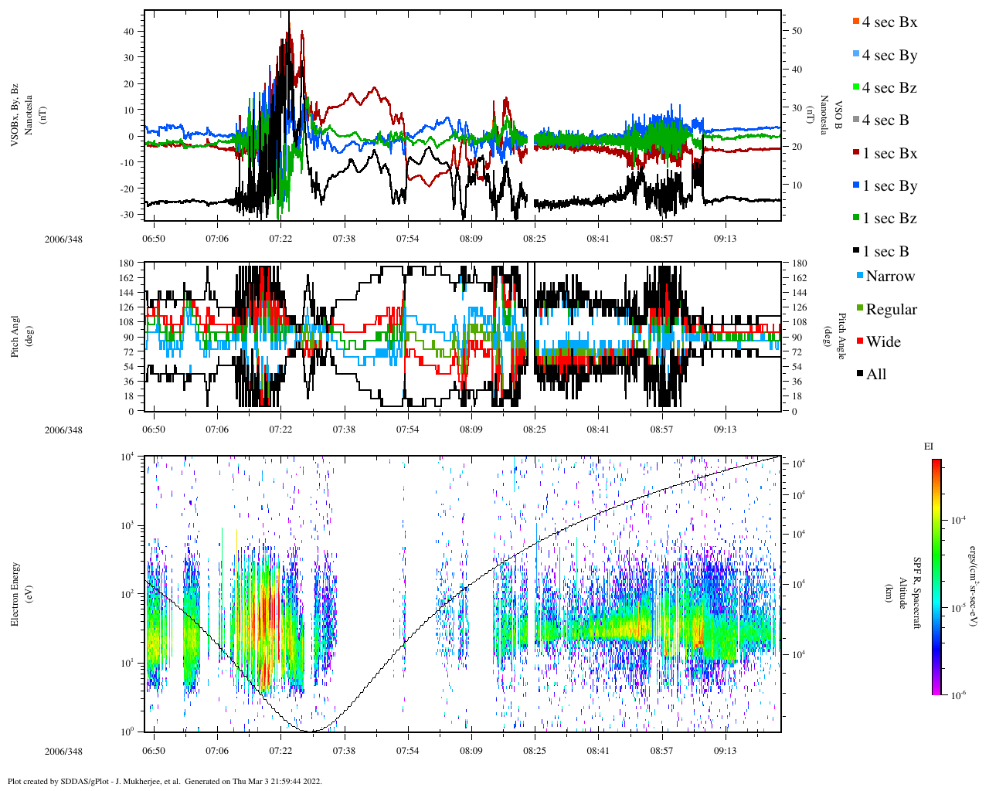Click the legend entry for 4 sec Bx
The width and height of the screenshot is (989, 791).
click(x=889, y=22)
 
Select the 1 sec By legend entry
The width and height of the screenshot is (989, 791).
click(x=889, y=186)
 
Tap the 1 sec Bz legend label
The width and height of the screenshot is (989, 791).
click(x=889, y=219)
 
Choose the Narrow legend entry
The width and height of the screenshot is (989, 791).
click(x=889, y=277)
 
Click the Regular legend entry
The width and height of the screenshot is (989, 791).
click(x=890, y=310)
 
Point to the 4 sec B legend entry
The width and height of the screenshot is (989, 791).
click(x=885, y=121)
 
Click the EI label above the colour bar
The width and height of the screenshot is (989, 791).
click(x=929, y=446)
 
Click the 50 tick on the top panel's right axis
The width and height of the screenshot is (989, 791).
click(x=797, y=31)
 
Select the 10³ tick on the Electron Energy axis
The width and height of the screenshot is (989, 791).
click(x=127, y=525)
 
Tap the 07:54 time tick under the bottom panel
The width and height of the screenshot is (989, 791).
click(x=407, y=751)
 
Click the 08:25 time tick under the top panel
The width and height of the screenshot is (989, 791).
click(x=535, y=239)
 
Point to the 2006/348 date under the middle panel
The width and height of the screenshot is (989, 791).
click(x=63, y=430)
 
